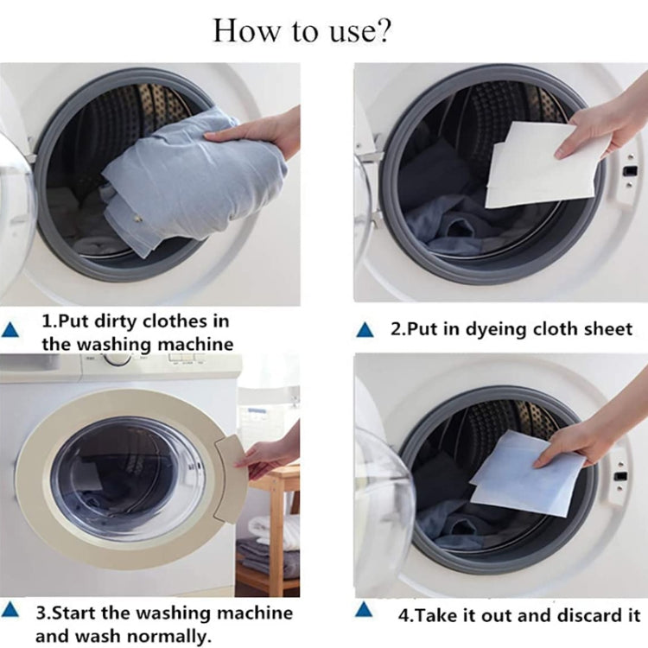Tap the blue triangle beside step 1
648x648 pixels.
[x=10, y=330]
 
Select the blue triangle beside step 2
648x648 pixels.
[x=365, y=330]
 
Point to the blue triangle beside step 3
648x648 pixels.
[x=10, y=610]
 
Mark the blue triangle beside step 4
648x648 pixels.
[x=364, y=610]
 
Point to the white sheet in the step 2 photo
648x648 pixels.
[x=543, y=165]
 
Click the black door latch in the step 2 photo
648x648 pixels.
[x=631, y=170]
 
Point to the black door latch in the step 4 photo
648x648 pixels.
[x=619, y=476]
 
